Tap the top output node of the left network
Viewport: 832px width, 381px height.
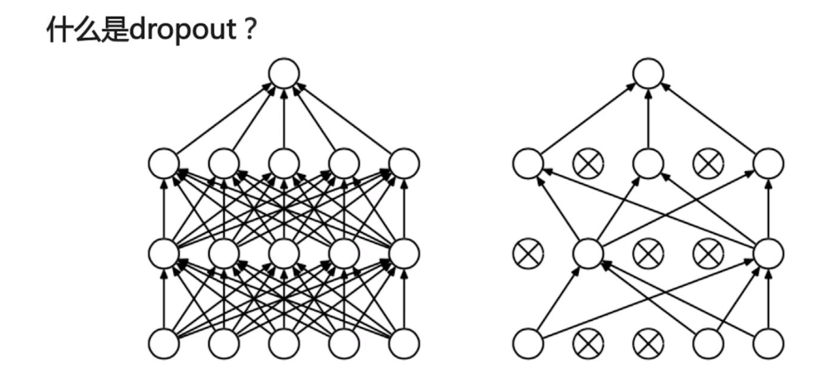284,73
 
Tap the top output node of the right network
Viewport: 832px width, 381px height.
649,73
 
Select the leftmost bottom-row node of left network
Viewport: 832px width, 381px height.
164,344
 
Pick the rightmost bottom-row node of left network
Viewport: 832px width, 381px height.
404,344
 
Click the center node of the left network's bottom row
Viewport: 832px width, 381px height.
284,344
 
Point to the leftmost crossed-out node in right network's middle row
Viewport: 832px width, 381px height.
528,254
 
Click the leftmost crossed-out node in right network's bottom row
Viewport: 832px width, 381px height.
588,344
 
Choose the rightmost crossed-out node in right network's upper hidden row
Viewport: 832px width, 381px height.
708,163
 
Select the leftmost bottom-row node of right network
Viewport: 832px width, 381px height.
528,344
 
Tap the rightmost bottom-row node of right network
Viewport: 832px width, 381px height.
769,344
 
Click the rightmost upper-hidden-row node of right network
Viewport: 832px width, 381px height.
769,163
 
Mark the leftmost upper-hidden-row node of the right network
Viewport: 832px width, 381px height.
528,163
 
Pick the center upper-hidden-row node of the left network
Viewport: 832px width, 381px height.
284,163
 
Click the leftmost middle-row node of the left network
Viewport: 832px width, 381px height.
164,254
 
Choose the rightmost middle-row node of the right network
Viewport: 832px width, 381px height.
769,254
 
